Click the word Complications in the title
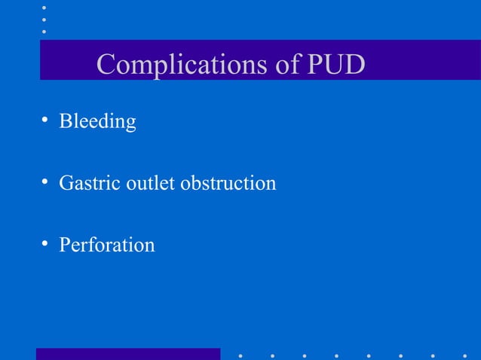(x=181, y=65)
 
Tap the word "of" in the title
(x=288, y=65)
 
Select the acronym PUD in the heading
(x=336, y=65)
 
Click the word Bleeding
(x=97, y=121)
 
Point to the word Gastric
(x=83, y=183)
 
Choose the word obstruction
(x=228, y=183)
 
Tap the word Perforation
(x=106, y=245)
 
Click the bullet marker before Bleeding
(x=45, y=121)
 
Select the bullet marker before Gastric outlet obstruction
(x=45, y=182)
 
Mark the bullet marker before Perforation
(x=45, y=244)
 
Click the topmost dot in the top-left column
(x=44, y=8)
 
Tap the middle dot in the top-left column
(x=44, y=20)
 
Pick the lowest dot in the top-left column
(x=44, y=32)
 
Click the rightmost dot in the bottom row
(x=465, y=355)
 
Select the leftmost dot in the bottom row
(x=240, y=355)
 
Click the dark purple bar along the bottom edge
(x=128, y=354)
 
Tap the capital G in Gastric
(x=66, y=183)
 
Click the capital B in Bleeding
(x=65, y=121)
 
